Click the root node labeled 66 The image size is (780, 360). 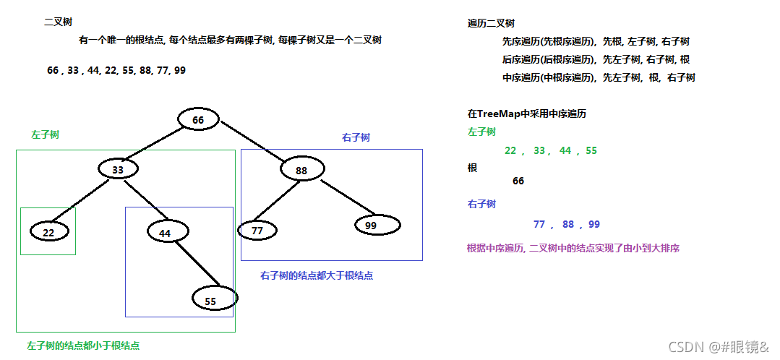pos(198,120)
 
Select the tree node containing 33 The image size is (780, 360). pos(118,169)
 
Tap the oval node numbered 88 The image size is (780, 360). pos(301,170)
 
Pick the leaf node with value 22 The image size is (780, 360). pos(49,232)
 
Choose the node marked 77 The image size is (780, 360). pos(257,231)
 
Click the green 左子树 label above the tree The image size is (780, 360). pos(45,135)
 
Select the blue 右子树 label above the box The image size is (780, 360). pos(356,137)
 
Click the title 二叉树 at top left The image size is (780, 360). pos(58,22)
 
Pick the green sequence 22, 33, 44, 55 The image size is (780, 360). pos(551,150)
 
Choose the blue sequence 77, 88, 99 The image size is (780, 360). pos(567,224)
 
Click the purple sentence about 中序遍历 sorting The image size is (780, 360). pos(573,248)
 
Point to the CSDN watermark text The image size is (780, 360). pos(719,347)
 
